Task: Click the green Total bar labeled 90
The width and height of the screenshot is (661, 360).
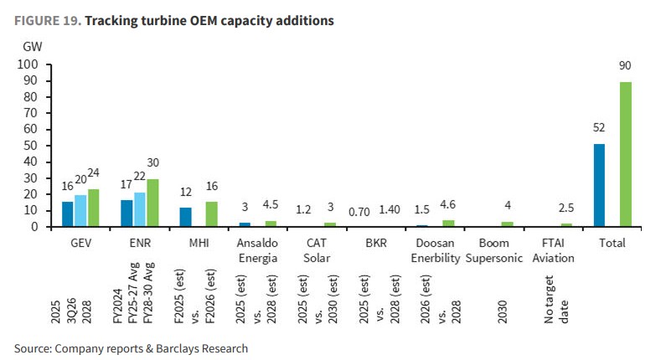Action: pyautogui.click(x=625, y=154)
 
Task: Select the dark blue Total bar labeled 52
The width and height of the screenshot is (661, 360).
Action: pyautogui.click(x=599, y=185)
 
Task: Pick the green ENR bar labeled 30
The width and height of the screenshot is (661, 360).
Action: pyautogui.click(x=152, y=203)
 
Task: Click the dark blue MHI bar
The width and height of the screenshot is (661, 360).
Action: pyautogui.click(x=186, y=217)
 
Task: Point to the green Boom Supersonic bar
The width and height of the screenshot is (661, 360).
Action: pyautogui.click(x=507, y=224)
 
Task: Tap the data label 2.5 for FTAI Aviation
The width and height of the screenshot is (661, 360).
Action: pyautogui.click(x=566, y=208)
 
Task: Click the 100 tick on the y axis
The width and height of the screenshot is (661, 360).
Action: pyautogui.click(x=28, y=64)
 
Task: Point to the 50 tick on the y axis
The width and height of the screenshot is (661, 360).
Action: pyautogui.click(x=31, y=146)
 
